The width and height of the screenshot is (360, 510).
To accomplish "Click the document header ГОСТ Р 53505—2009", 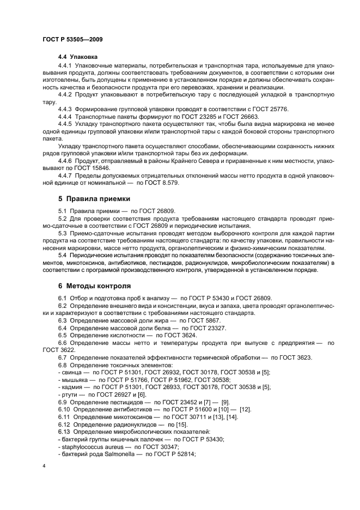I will click(x=73, y=40).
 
